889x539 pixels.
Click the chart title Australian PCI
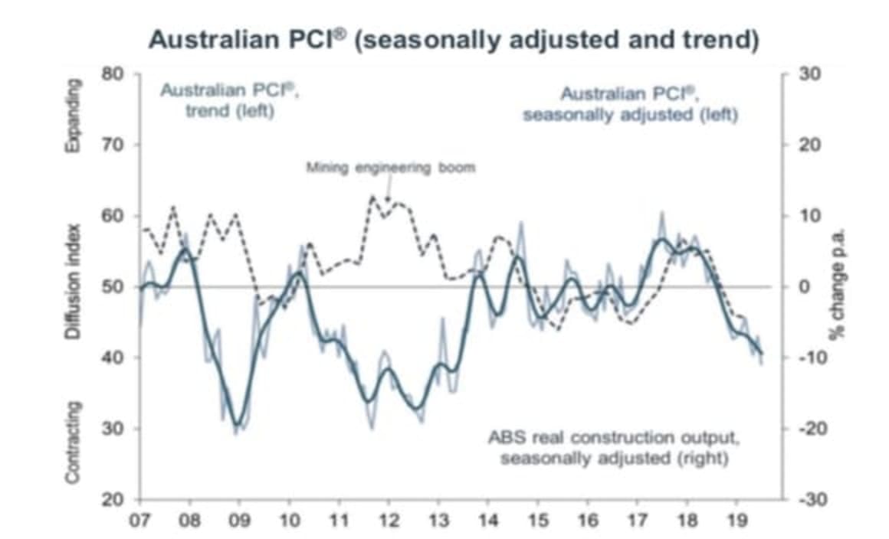[454, 39]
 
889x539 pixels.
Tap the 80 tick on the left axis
[113, 74]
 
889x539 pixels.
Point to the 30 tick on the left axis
[113, 429]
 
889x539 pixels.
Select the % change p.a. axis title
[839, 287]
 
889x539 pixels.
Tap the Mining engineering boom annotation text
[391, 168]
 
